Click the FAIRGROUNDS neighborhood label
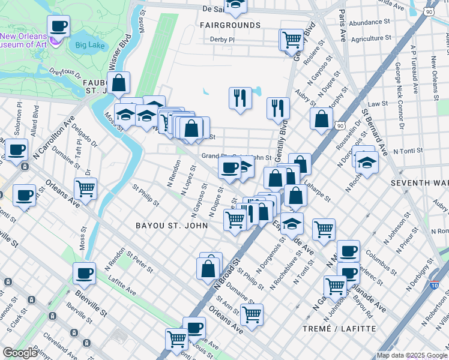click(231, 25)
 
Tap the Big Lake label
click(89, 44)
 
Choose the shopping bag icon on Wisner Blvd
click(119, 83)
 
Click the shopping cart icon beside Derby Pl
click(292, 40)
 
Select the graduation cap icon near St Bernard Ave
click(367, 161)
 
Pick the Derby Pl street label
click(221, 40)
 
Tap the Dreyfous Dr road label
click(65, 74)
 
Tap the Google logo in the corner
click(20, 353)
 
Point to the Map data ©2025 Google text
click(411, 355)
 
